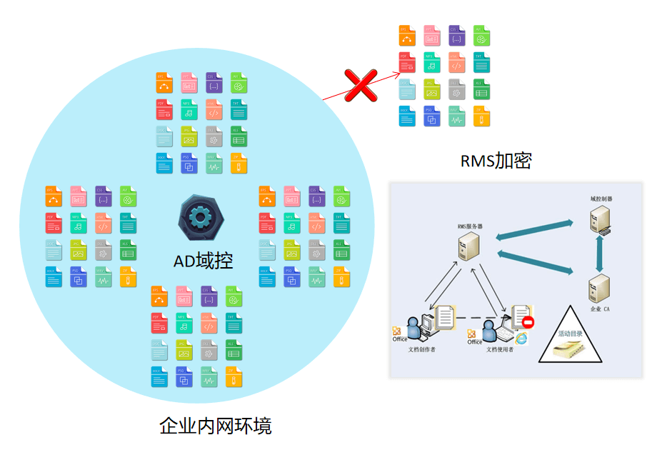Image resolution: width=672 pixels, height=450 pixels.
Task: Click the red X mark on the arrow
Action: click(x=361, y=85)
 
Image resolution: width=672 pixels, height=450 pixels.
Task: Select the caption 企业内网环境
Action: click(x=215, y=426)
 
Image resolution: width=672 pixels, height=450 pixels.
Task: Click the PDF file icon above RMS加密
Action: click(x=407, y=63)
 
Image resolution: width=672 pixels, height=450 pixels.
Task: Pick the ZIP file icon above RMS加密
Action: click(x=481, y=116)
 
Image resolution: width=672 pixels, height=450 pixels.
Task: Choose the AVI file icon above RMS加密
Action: click(x=481, y=36)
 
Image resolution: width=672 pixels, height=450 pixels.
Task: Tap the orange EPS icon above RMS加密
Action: click(x=407, y=36)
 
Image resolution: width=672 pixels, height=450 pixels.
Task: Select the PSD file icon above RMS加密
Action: click(x=431, y=116)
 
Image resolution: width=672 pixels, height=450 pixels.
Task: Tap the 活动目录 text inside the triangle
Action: click(x=571, y=334)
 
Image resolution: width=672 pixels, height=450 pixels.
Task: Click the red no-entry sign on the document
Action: click(x=528, y=323)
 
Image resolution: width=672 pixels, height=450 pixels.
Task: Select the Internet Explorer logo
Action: click(x=523, y=338)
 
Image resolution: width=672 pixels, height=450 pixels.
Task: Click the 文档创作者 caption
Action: click(x=422, y=350)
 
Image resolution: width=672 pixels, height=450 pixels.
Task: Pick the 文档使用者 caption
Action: click(x=500, y=350)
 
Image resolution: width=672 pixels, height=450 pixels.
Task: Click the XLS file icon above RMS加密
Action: click(x=481, y=89)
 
